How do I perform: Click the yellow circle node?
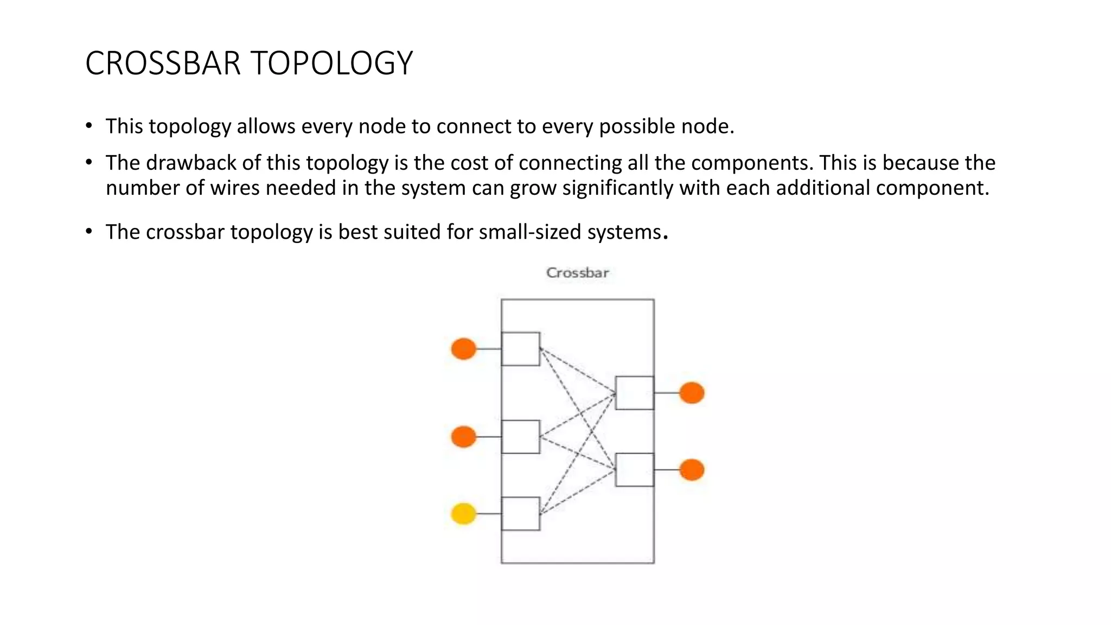[x=464, y=513]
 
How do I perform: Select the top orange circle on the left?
[x=464, y=348]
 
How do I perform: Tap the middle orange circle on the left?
[x=464, y=436]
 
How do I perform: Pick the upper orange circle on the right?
[x=692, y=392]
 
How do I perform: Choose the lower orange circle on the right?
[x=692, y=469]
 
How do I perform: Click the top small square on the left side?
[x=520, y=349]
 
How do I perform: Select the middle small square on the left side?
[x=520, y=437]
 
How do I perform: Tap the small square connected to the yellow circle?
[x=520, y=514]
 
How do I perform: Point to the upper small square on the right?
[x=635, y=393]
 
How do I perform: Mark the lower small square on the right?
[x=635, y=470]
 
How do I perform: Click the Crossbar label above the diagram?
[x=577, y=272]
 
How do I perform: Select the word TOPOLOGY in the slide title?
[x=332, y=63]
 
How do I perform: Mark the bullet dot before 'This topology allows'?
[x=89, y=126]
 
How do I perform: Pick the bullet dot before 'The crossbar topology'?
[x=89, y=232]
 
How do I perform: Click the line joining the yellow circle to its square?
[x=489, y=513]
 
